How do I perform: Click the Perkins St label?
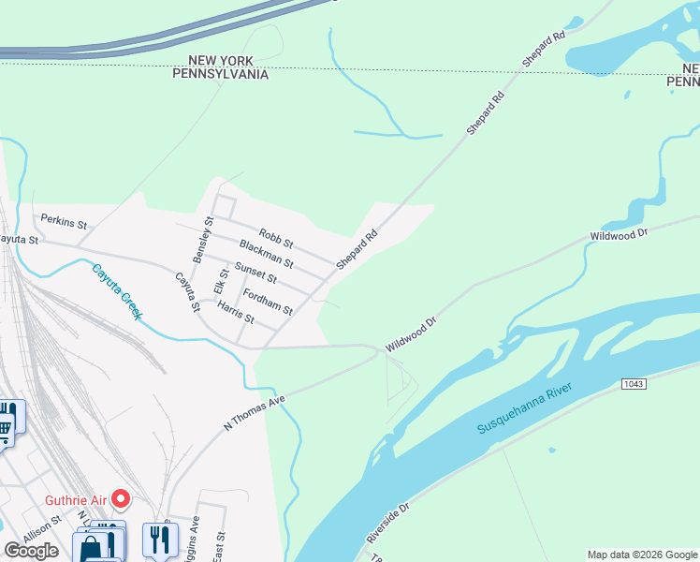pos(63,222)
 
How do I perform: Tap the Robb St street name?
pos(276,240)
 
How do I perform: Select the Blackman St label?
pos(266,254)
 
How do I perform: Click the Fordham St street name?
pos(268,301)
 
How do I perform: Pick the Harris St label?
pos(235,312)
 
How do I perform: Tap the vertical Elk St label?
pos(221,281)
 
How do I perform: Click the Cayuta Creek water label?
pos(116,291)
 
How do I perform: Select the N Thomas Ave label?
pos(253,412)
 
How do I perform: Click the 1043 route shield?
pos(633,385)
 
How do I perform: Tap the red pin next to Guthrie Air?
pos(120,499)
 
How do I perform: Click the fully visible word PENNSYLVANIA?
pos(221,74)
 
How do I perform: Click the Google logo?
pos(31,551)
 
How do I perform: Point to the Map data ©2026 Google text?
pos(641,555)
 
